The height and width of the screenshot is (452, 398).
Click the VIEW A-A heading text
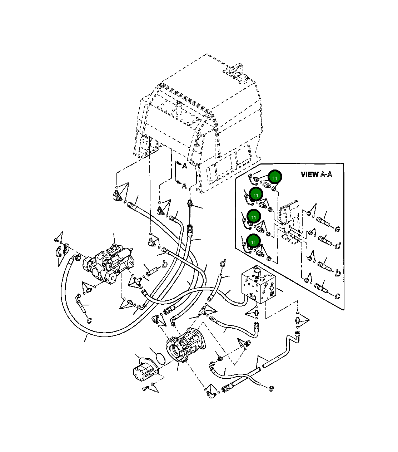(316, 175)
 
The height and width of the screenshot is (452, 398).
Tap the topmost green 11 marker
(275, 177)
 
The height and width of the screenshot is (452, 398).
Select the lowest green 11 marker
(253, 242)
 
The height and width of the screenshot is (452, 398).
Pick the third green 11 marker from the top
(254, 217)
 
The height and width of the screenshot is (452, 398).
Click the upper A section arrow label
(184, 166)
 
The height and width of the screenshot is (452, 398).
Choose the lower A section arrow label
(184, 185)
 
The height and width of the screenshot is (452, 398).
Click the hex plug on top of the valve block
(256, 272)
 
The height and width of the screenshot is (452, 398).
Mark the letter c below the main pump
(89, 321)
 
